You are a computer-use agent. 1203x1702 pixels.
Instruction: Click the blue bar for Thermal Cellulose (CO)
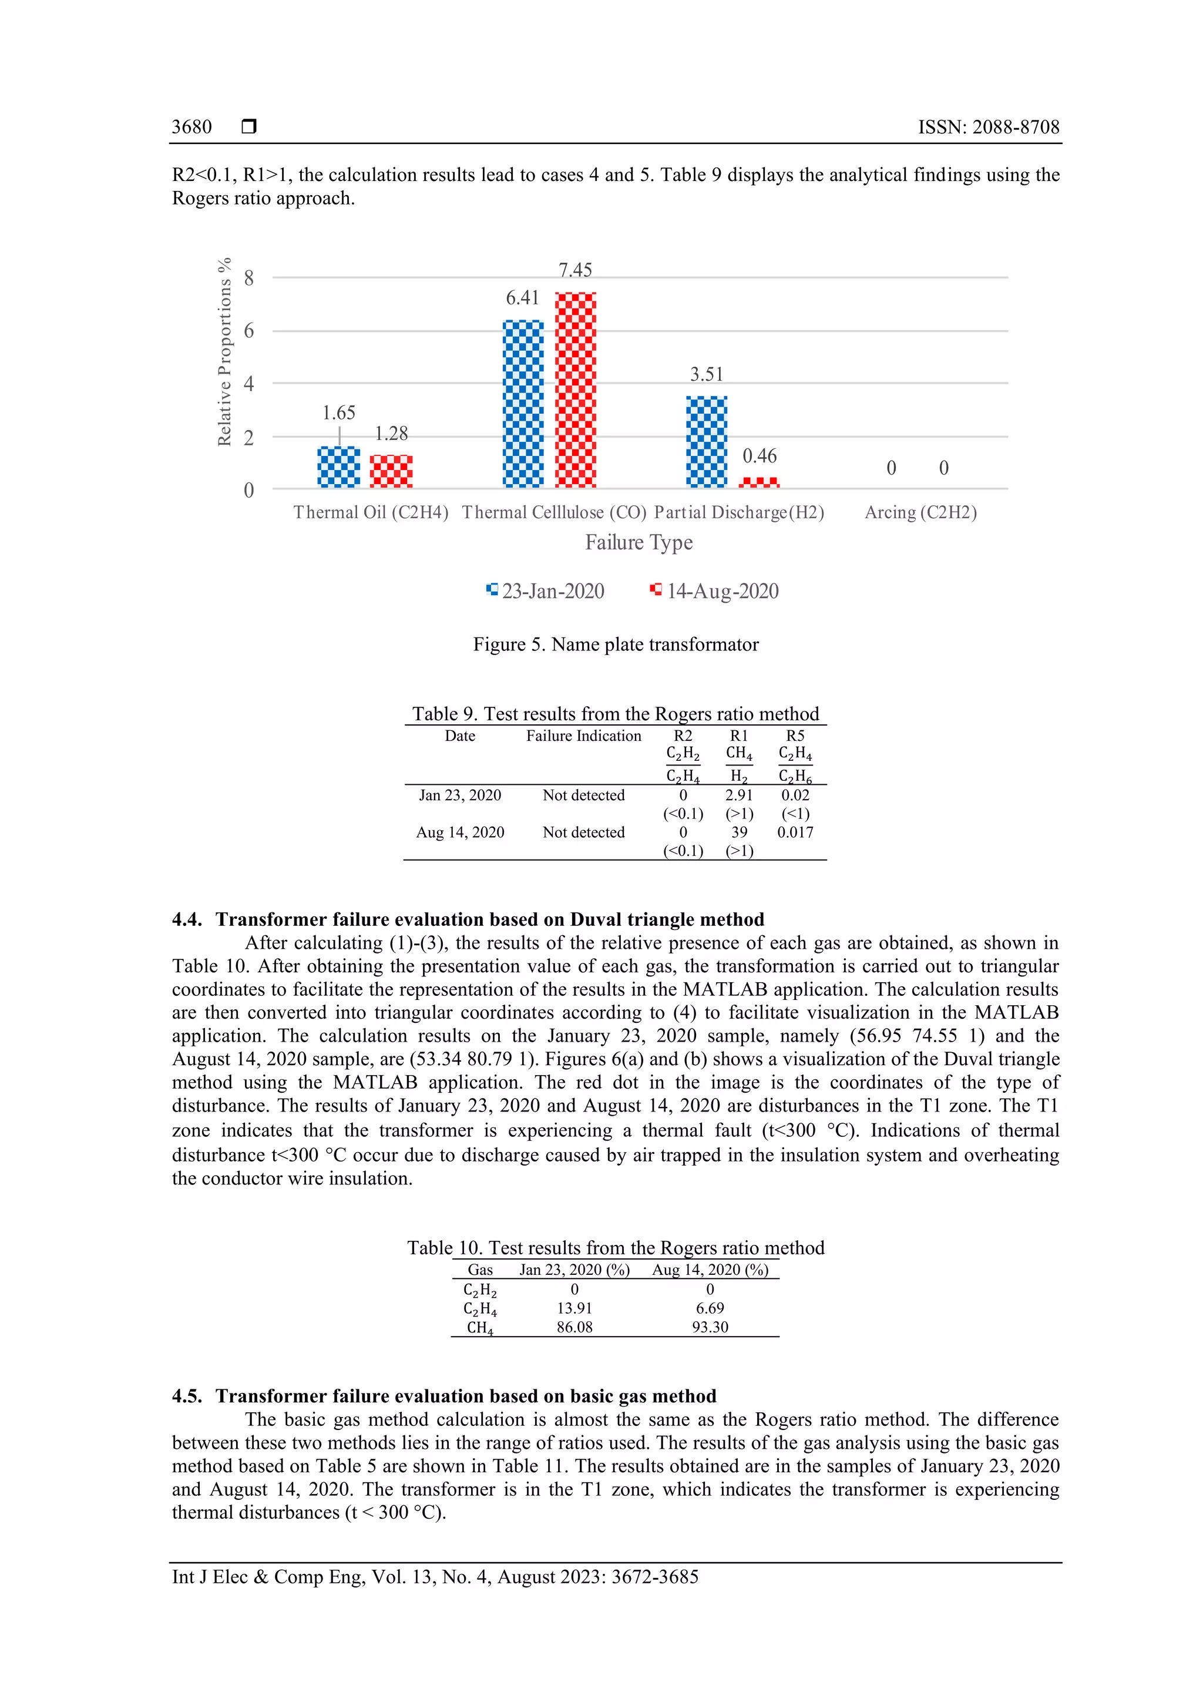click(x=523, y=404)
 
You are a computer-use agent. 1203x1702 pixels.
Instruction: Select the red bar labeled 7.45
click(x=575, y=390)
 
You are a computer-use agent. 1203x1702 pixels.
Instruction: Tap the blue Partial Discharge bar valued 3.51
click(x=707, y=442)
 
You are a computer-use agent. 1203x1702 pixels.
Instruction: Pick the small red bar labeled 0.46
click(x=759, y=482)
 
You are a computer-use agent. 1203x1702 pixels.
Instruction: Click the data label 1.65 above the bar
click(x=339, y=413)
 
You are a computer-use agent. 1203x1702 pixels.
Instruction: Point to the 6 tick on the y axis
click(x=249, y=331)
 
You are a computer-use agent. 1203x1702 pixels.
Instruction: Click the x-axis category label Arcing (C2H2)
click(x=920, y=513)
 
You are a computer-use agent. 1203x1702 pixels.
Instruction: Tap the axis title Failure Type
click(x=639, y=543)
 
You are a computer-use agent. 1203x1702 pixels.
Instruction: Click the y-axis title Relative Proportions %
click(x=224, y=352)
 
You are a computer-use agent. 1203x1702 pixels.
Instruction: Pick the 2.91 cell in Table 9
click(x=739, y=795)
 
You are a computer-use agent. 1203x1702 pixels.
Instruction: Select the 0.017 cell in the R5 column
click(x=795, y=832)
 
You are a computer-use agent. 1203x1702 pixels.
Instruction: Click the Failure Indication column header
click(x=583, y=736)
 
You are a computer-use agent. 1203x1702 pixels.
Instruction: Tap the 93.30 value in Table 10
click(x=710, y=1327)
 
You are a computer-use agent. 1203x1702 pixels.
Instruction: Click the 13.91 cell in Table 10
click(x=574, y=1308)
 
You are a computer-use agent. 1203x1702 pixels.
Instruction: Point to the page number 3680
click(x=192, y=127)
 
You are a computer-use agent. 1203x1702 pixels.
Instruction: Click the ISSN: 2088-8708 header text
click(x=989, y=127)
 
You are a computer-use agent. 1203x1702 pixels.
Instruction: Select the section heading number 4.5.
click(x=187, y=1396)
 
